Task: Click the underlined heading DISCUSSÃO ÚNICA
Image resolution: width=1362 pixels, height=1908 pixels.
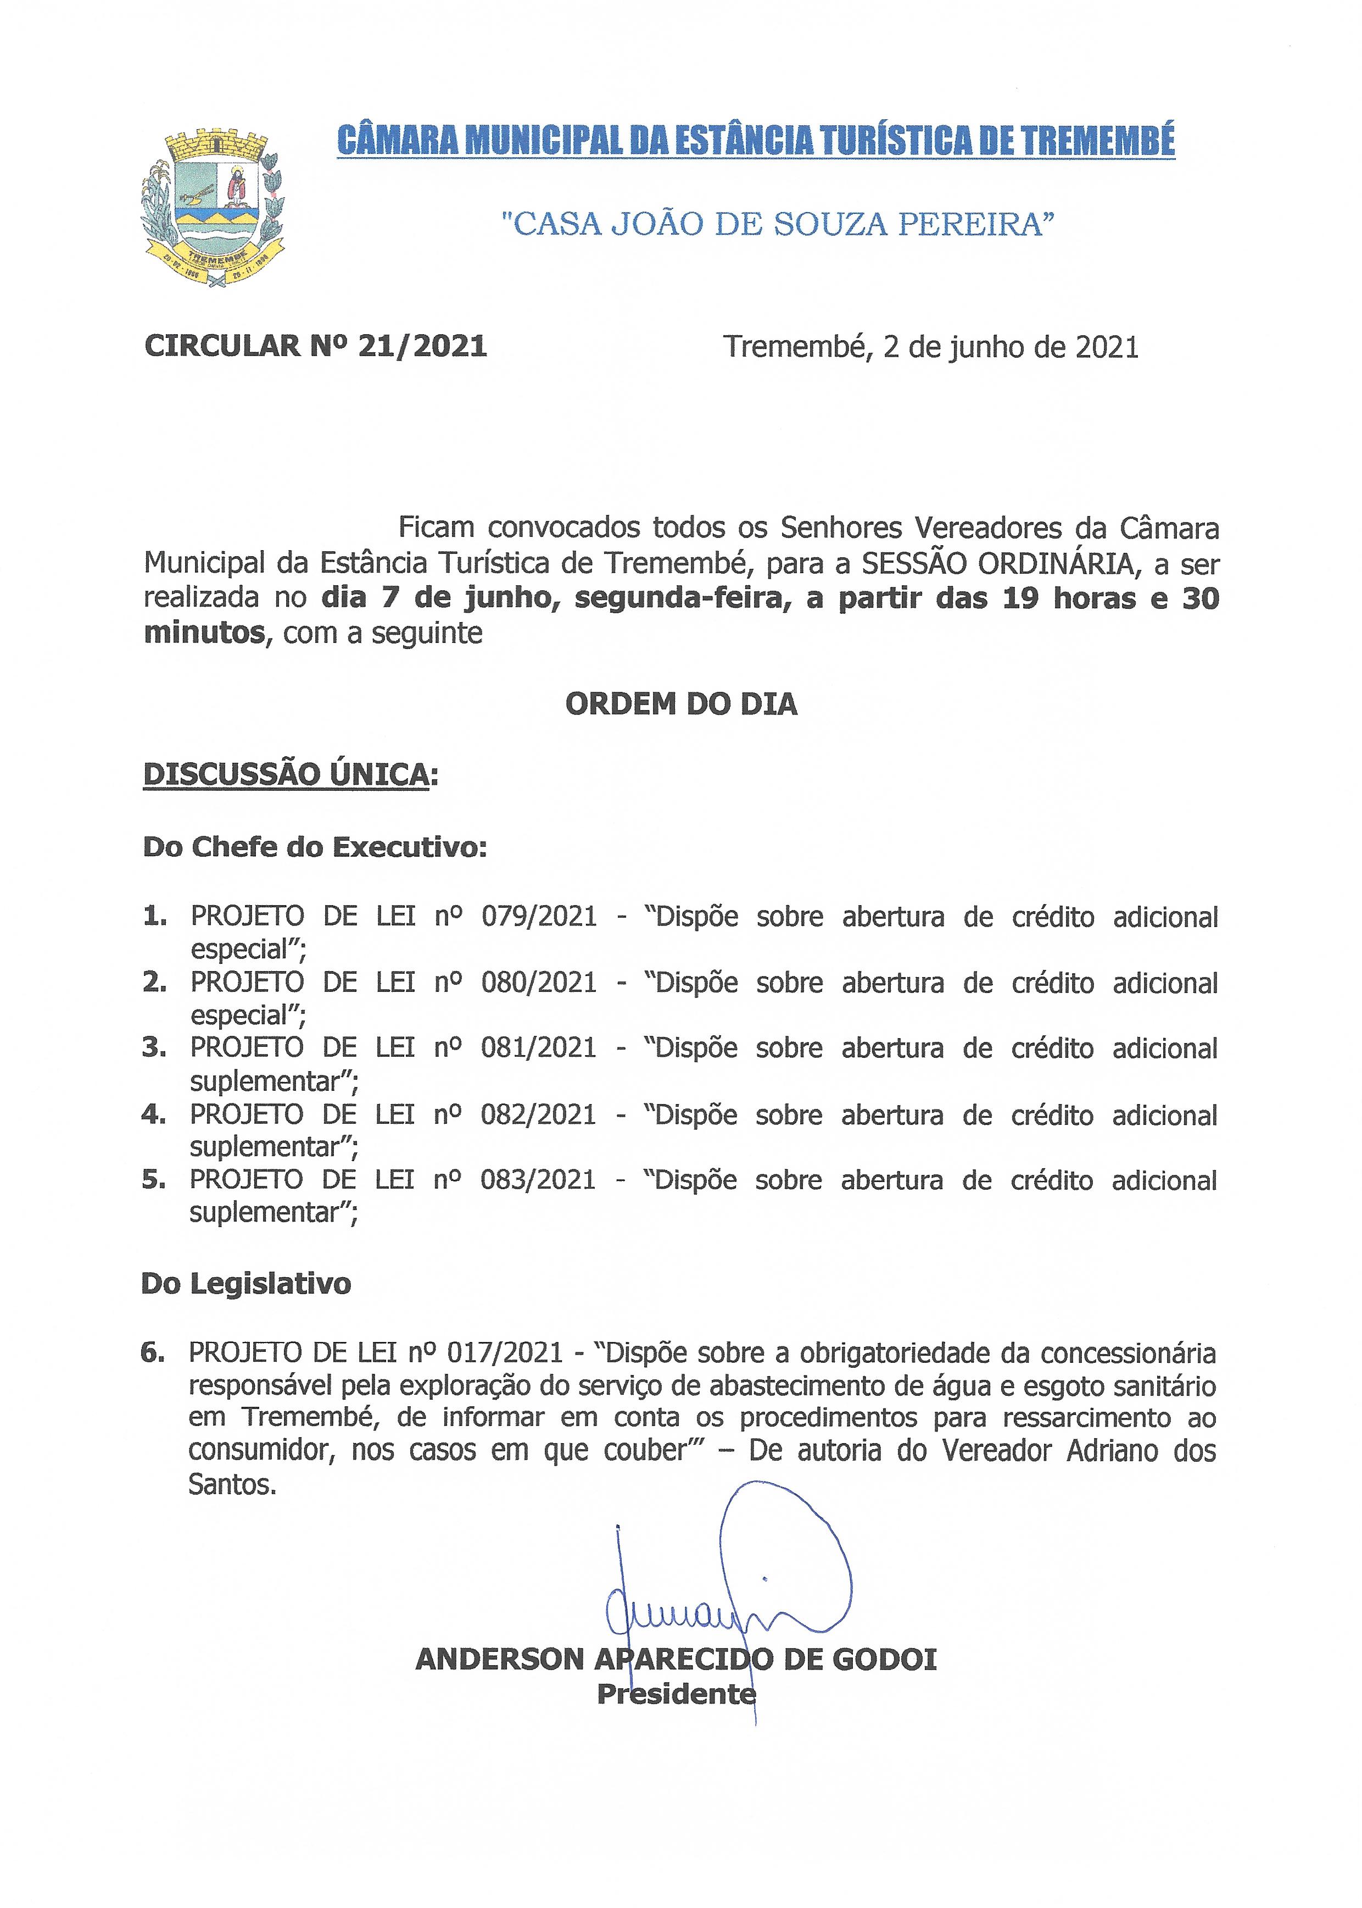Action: click(x=287, y=774)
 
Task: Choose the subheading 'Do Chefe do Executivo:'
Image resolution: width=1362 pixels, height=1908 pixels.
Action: click(x=315, y=847)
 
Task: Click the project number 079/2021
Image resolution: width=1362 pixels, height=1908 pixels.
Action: click(x=538, y=916)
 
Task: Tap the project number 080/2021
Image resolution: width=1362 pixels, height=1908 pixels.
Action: click(x=538, y=981)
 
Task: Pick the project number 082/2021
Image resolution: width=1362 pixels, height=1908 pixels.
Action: click(x=538, y=1114)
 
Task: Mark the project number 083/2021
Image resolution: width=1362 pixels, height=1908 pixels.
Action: click(x=538, y=1180)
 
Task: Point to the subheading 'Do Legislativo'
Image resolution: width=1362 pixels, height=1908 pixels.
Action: click(x=245, y=1284)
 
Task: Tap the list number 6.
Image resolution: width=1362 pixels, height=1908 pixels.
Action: click(x=151, y=1352)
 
